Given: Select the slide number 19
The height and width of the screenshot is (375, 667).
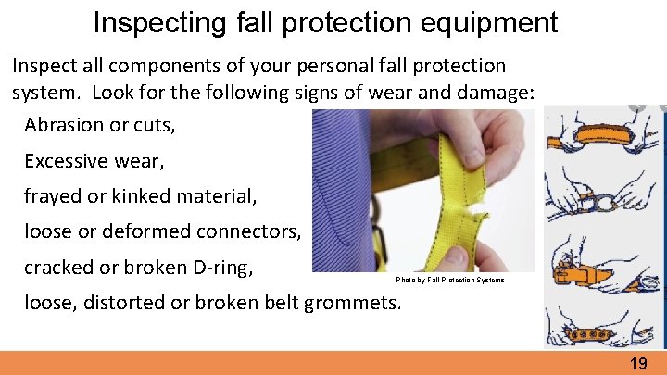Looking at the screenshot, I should click(638, 364).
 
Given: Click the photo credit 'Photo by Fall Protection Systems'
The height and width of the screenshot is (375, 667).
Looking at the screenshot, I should click(450, 280).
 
